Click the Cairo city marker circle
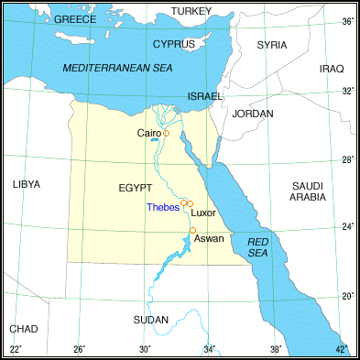coord(167,134)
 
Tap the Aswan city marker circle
coord(192,230)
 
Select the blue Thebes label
coord(162,207)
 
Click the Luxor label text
coord(203,213)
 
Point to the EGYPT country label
coord(135,188)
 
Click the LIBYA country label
coord(27,184)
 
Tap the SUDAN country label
coord(151,320)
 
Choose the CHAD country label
coord(23,329)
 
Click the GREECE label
coord(76,19)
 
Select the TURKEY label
coord(191,11)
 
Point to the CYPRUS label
coord(173,44)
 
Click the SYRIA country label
coord(272,44)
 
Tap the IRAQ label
coord(331,69)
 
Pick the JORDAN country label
coord(253,114)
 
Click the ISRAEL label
coord(204,95)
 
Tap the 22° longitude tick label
coord(16,349)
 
